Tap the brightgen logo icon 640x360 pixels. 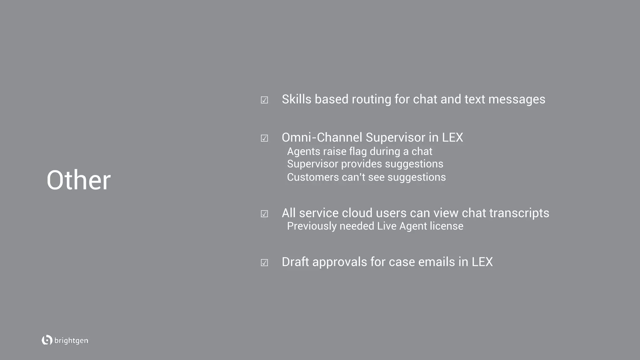click(47, 340)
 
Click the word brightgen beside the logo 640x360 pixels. click(71, 341)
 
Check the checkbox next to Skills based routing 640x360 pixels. click(264, 100)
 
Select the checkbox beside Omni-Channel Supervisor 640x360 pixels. click(264, 138)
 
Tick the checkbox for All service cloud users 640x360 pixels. click(264, 214)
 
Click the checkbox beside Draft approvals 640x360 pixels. click(264, 262)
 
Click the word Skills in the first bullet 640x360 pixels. click(297, 99)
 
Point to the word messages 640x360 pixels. click(517, 99)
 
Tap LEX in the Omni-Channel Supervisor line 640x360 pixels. click(452, 137)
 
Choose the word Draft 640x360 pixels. click(295, 262)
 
